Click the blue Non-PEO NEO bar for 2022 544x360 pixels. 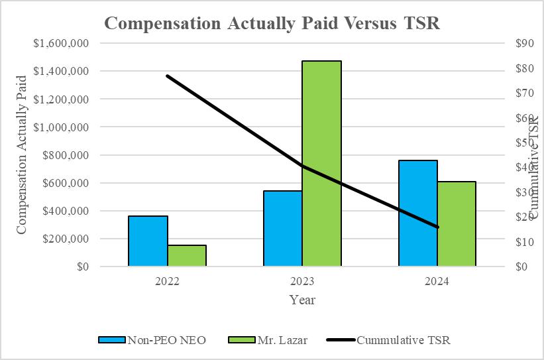click(x=148, y=241)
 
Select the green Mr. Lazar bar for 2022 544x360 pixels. click(x=187, y=256)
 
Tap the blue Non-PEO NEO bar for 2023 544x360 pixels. click(x=283, y=229)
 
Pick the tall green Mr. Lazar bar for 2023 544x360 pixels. click(x=322, y=164)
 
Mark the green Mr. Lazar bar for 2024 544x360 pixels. click(x=457, y=224)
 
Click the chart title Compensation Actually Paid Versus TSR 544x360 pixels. click(x=272, y=23)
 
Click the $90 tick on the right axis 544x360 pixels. click(x=523, y=43)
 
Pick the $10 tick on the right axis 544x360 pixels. click(x=523, y=242)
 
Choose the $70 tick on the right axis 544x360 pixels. click(x=523, y=93)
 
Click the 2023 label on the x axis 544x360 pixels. click(x=302, y=281)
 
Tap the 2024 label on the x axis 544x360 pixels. click(x=437, y=281)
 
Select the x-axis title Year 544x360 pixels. click(x=302, y=300)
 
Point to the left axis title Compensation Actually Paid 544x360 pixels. click(x=21, y=154)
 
